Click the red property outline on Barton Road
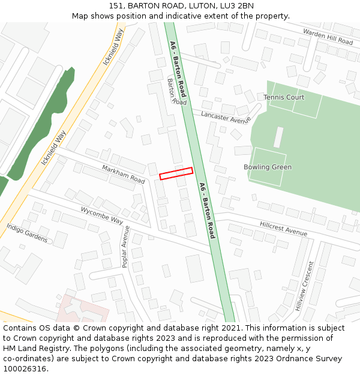[x=176, y=173]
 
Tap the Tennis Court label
[x=284, y=97]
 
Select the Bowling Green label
[x=268, y=167]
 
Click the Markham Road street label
[x=123, y=174]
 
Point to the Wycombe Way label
[x=101, y=215]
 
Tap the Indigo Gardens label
[x=27, y=233]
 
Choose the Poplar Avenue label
[x=125, y=246]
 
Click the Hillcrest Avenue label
[x=283, y=229]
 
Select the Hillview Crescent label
[x=304, y=286]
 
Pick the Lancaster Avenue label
[x=226, y=117]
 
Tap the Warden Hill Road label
[x=328, y=37]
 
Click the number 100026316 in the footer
[x=25, y=369]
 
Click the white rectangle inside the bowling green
[x=278, y=137]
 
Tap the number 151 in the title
[x=116, y=6]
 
